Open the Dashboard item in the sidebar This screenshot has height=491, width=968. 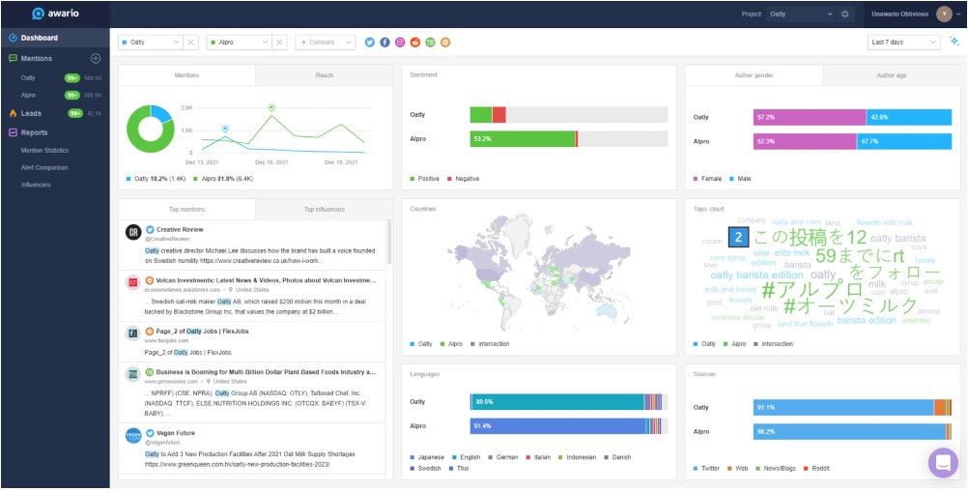(x=40, y=38)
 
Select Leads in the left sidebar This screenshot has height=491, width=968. (x=32, y=113)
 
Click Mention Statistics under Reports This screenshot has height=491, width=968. (x=44, y=150)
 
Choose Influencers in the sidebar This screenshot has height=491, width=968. (x=36, y=185)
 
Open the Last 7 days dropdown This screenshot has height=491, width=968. (x=903, y=43)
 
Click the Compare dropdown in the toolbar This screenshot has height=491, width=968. (x=326, y=43)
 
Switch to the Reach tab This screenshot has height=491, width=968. (x=325, y=75)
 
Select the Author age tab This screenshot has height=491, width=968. (x=892, y=75)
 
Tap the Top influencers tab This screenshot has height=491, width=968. (x=325, y=209)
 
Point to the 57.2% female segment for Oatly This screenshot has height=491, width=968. (x=810, y=117)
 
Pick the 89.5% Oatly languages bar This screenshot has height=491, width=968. (x=556, y=401)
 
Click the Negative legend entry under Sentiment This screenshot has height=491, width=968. (x=466, y=179)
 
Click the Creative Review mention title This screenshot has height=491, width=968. (x=181, y=229)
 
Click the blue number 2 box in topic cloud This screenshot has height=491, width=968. (x=737, y=237)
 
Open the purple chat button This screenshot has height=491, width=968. (x=942, y=462)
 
